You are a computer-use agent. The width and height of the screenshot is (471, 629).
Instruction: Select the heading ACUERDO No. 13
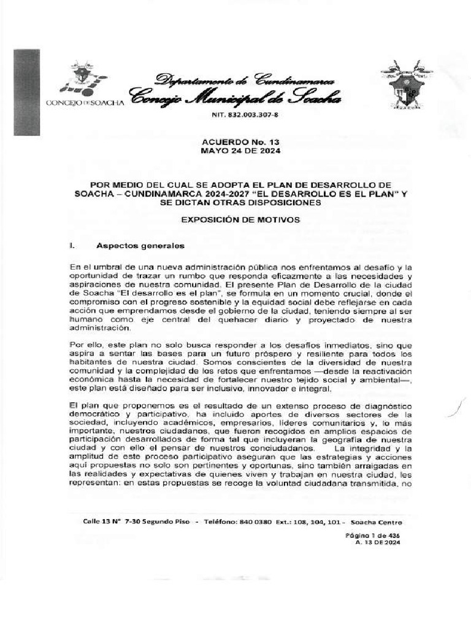[x=235, y=141]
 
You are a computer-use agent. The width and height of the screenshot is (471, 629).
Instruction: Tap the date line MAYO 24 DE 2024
[x=235, y=150]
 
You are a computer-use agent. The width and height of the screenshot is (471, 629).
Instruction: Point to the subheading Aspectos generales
[x=140, y=246]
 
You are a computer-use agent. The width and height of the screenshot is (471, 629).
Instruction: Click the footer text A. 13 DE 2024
[x=377, y=542]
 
